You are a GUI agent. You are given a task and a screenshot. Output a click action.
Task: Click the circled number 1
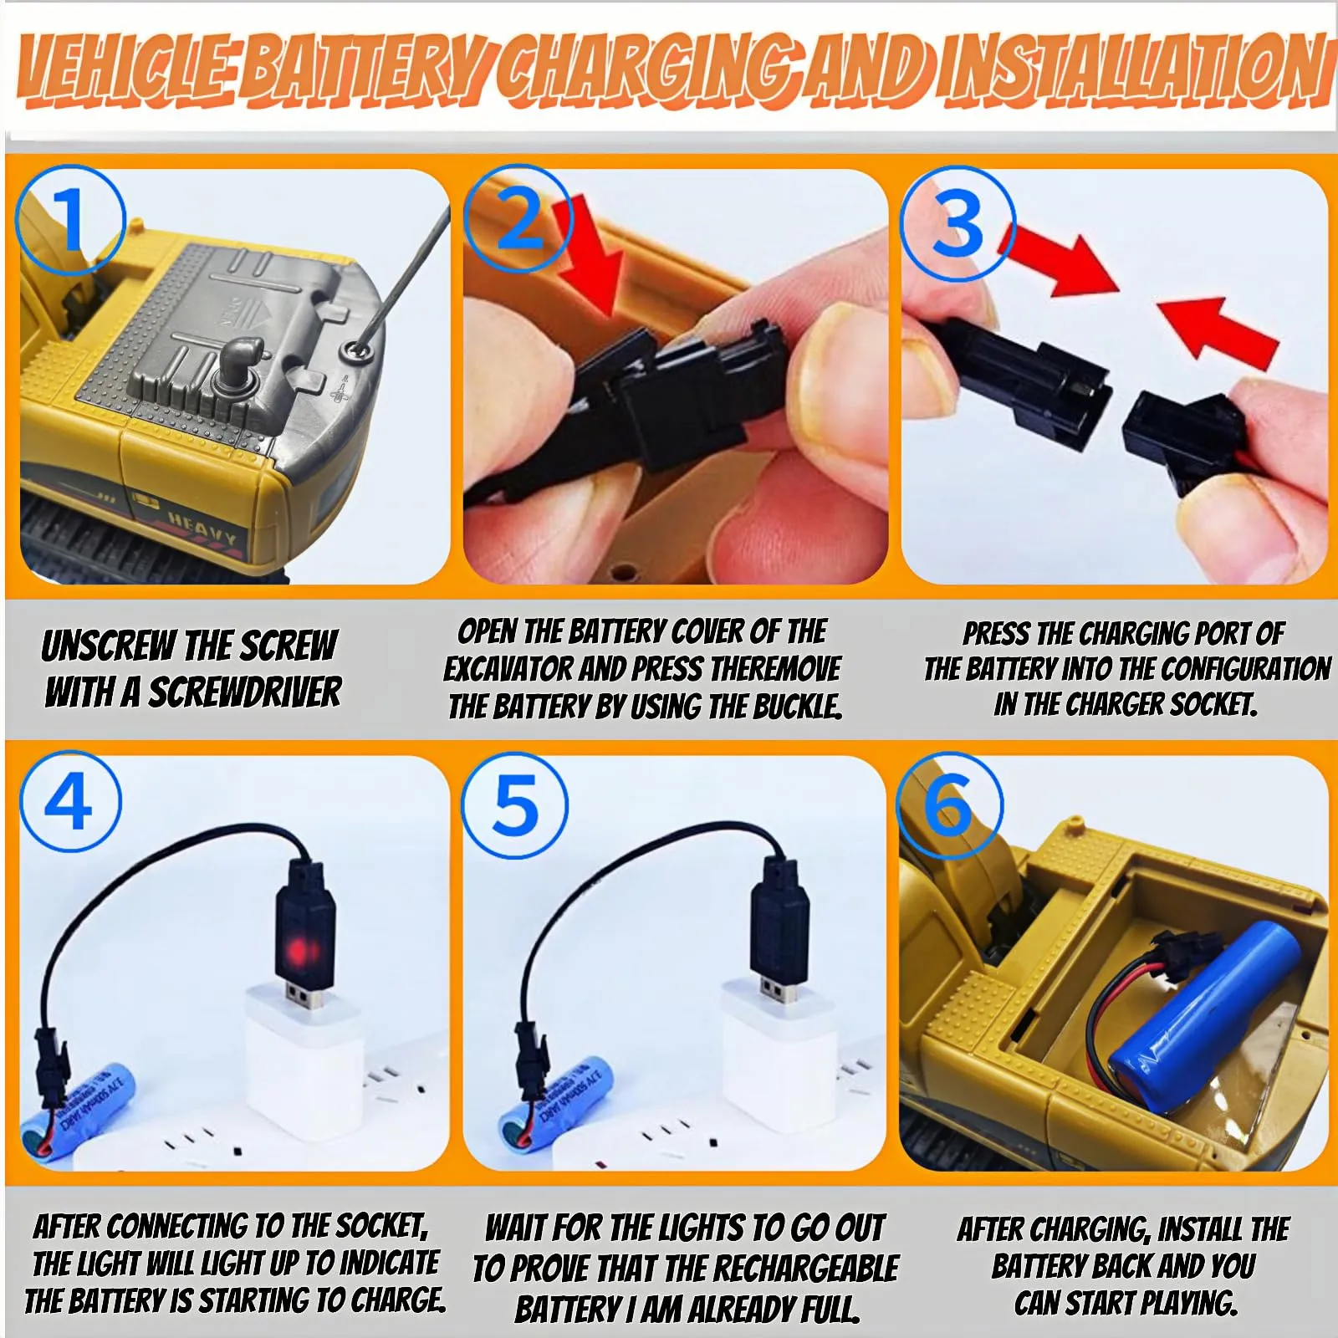coord(71,221)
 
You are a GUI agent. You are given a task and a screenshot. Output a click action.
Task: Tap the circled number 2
coord(518,219)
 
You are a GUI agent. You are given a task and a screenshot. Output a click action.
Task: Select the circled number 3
coord(958,223)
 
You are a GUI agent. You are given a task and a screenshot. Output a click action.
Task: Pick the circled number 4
coord(70,802)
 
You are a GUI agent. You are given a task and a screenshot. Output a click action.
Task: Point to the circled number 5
coord(515,805)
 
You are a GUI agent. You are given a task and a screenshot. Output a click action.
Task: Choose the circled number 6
coord(950,805)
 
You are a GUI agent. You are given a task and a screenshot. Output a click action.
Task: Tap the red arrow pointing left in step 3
coord(1218,331)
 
